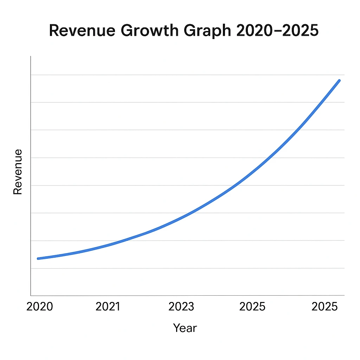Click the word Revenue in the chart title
point(81,31)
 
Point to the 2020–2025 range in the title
point(277,31)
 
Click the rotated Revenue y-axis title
point(18,172)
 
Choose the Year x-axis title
point(185,328)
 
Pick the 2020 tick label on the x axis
point(40,307)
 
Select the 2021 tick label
point(108,307)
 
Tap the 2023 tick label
point(181,307)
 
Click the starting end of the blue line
point(38,258)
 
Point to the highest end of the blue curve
point(339,81)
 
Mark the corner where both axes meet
point(31,296)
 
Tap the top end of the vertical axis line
point(31,56)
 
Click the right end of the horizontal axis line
point(344,296)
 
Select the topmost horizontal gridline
point(186,75)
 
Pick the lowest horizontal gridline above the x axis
point(186,268)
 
